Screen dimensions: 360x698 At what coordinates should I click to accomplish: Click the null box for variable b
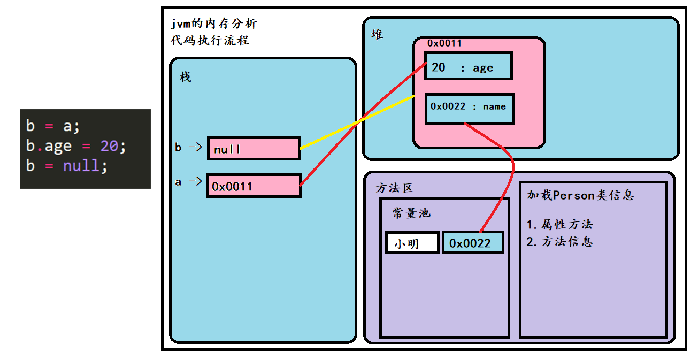(x=254, y=149)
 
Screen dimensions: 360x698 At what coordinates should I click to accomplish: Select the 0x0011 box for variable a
(x=254, y=186)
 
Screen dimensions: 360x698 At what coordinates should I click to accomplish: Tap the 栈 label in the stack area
(x=185, y=77)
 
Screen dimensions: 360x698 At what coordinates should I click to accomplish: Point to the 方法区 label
(x=395, y=188)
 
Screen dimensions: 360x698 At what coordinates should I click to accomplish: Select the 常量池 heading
(x=411, y=213)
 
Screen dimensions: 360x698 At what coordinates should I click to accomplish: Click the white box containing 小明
(x=412, y=243)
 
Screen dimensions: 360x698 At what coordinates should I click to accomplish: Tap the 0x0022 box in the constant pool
(x=473, y=243)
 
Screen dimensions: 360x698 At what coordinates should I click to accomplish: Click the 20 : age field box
(x=468, y=66)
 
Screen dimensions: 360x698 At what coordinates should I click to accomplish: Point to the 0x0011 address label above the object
(x=444, y=43)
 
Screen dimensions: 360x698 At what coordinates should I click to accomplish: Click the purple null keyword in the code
(x=81, y=165)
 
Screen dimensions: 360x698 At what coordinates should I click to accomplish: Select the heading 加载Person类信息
(x=580, y=195)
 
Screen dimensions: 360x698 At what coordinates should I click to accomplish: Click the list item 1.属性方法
(x=559, y=225)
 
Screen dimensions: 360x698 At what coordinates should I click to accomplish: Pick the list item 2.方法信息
(x=559, y=241)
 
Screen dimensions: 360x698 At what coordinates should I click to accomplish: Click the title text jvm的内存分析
(x=214, y=24)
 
